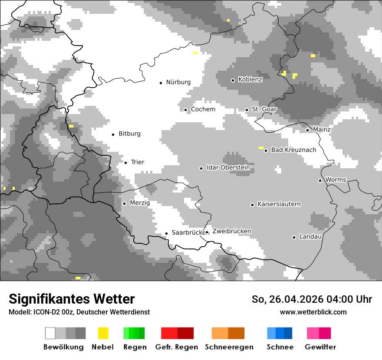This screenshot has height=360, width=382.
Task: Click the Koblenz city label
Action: (250, 79)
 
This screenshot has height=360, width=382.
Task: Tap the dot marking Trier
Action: (125, 163)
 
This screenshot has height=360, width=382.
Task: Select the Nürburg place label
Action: (178, 82)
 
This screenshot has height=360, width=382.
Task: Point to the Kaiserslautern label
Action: (279, 204)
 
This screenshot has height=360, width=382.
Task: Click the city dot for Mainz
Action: (307, 130)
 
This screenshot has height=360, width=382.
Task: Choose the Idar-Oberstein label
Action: (228, 167)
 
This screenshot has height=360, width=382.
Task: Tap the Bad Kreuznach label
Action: (293, 150)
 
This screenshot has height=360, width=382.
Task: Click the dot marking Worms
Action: (320, 180)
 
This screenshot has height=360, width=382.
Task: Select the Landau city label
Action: (310, 236)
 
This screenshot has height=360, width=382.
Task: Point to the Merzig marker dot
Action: (124, 203)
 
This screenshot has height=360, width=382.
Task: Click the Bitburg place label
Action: (129, 134)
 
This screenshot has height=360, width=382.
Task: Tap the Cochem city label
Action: (203, 109)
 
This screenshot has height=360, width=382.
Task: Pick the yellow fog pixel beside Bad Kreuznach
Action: (261, 148)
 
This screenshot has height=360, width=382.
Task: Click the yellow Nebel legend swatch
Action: (103, 333)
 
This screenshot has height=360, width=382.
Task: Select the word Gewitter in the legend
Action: (320, 347)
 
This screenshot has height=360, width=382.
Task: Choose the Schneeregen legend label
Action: (229, 347)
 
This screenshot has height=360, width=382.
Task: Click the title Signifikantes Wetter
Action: (72, 299)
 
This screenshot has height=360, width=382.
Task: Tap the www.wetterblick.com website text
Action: (313, 312)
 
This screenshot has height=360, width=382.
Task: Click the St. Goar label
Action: (264, 109)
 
